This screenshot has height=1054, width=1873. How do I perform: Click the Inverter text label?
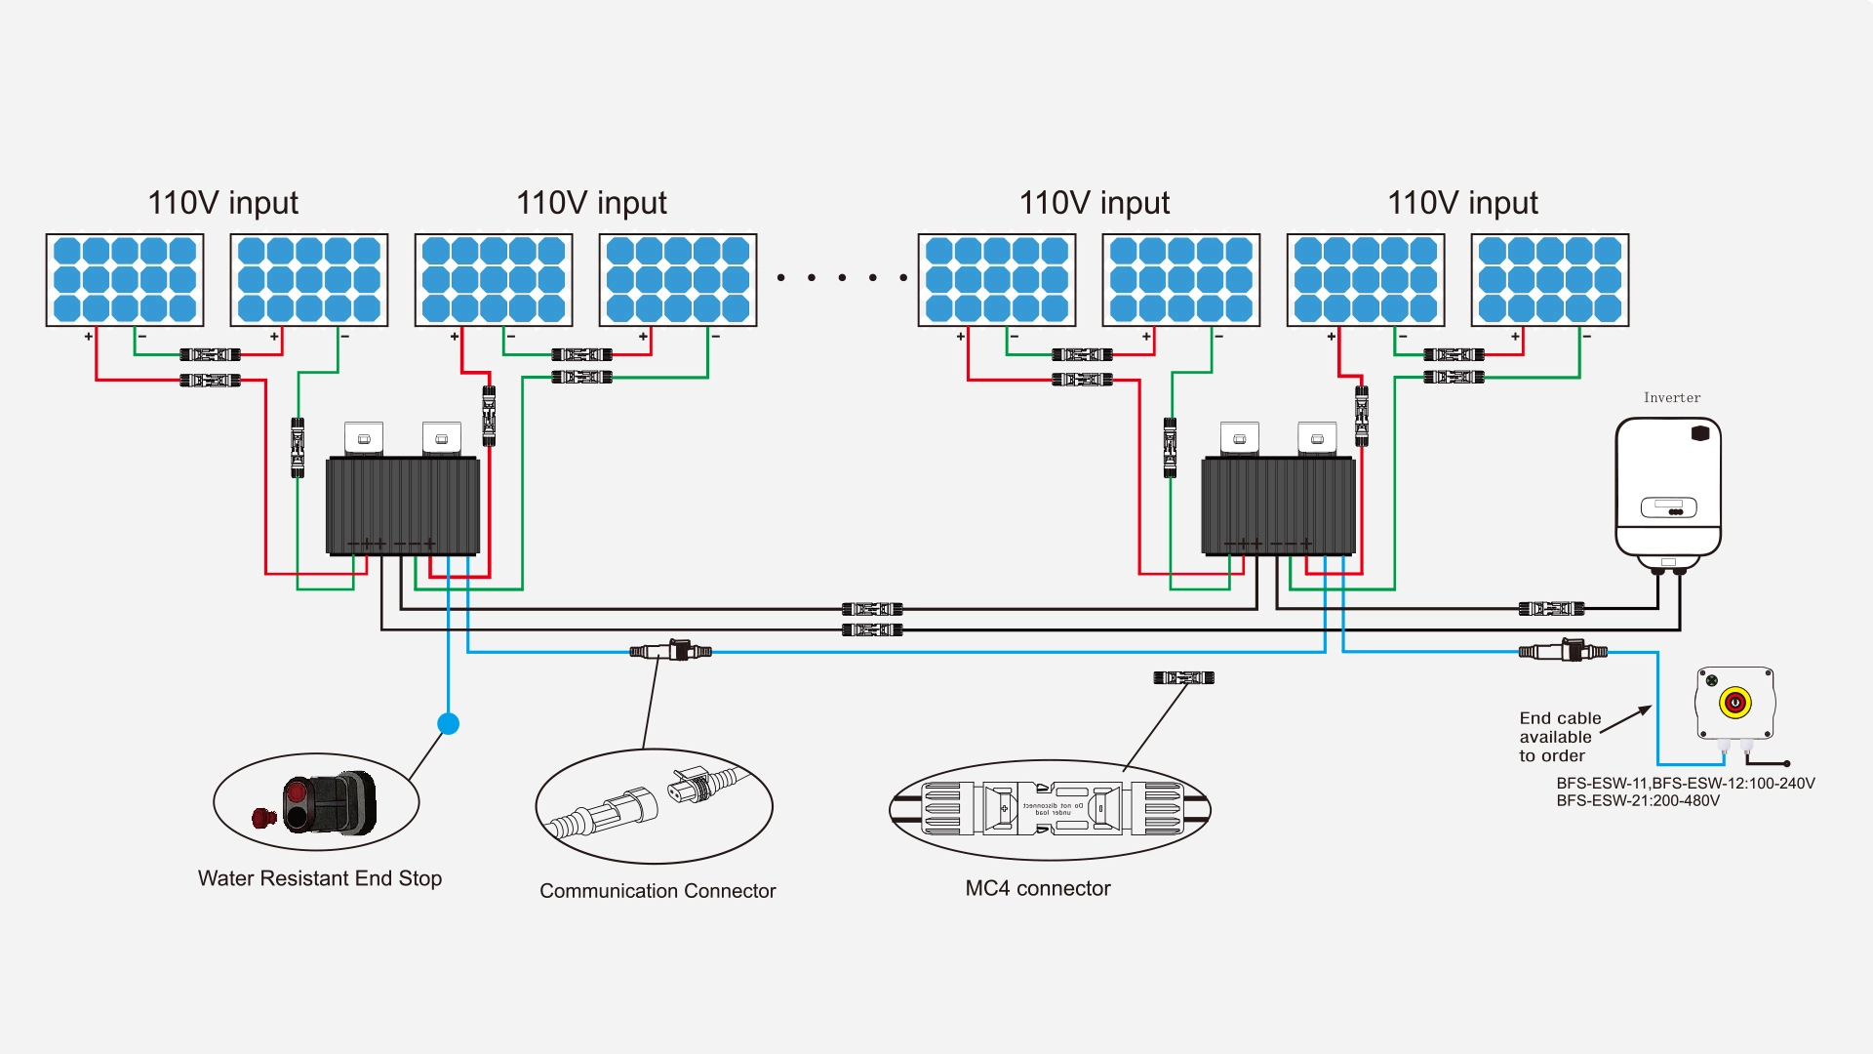tap(1671, 397)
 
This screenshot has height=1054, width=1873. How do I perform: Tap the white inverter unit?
tap(1668, 488)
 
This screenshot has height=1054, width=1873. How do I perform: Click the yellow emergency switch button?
tap(1734, 702)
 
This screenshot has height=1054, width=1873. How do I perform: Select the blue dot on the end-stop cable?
tap(448, 723)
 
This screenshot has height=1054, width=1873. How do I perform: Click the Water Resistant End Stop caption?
tap(320, 878)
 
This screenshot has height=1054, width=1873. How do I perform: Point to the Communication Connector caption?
tap(658, 891)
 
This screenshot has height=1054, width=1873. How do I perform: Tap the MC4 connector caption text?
tap(1038, 888)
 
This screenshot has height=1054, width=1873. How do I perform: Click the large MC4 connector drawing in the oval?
tap(1050, 809)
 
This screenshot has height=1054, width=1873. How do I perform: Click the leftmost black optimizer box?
tap(402, 506)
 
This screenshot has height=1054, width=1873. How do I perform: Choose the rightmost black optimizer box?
tap(1278, 506)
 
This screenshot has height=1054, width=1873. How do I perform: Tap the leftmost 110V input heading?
tap(222, 203)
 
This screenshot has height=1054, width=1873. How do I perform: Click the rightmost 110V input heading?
tap(1462, 203)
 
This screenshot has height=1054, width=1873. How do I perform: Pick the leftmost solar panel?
tap(125, 280)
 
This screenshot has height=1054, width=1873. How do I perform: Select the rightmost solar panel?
tap(1550, 280)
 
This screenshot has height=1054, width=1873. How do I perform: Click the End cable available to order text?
tap(1559, 737)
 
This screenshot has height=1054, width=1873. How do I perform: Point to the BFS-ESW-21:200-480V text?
tap(1638, 801)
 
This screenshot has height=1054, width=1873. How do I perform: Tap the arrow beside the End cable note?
tap(1626, 719)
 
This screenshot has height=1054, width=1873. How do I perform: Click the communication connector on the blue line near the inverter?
tap(1563, 651)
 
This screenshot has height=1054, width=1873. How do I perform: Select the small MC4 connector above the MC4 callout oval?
tap(1183, 677)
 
